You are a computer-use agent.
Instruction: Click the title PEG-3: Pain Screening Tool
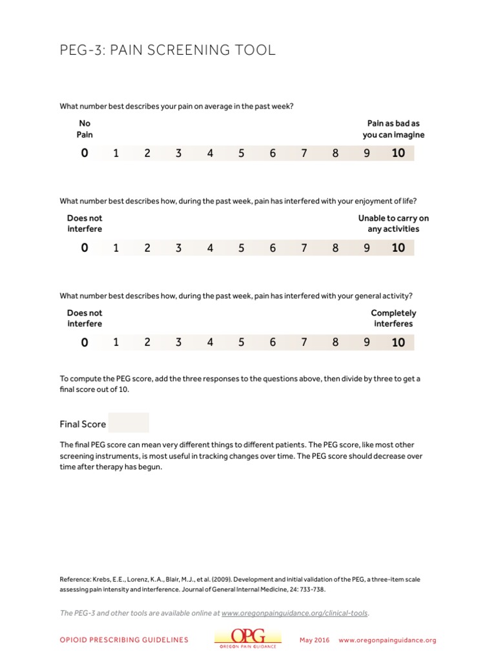coord(167,50)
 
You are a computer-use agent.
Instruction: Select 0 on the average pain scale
coord(85,153)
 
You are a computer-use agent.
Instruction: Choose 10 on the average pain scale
coord(398,153)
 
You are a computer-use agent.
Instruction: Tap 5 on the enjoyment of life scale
coord(242,248)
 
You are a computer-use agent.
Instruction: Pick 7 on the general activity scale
coord(304,342)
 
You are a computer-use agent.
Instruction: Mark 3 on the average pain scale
coord(179,153)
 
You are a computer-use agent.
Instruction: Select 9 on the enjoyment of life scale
coord(367,248)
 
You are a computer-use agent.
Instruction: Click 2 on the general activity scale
coord(147,342)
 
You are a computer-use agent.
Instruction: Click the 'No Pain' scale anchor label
coord(85,129)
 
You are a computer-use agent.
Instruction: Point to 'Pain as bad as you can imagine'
coord(393,129)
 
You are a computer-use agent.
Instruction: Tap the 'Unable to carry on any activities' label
coord(393,223)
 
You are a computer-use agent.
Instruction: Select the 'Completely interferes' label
coord(393,318)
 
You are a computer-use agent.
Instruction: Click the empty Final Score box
coord(129,423)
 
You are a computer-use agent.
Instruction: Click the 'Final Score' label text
coord(83,424)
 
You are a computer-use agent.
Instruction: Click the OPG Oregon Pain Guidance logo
coord(248,638)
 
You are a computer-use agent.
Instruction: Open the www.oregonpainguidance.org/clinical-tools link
coord(295,613)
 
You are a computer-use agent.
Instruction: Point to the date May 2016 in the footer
coord(315,640)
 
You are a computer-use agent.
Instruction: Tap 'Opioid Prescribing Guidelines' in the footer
coord(124,640)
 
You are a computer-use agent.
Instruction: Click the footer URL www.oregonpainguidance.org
coord(387,640)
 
